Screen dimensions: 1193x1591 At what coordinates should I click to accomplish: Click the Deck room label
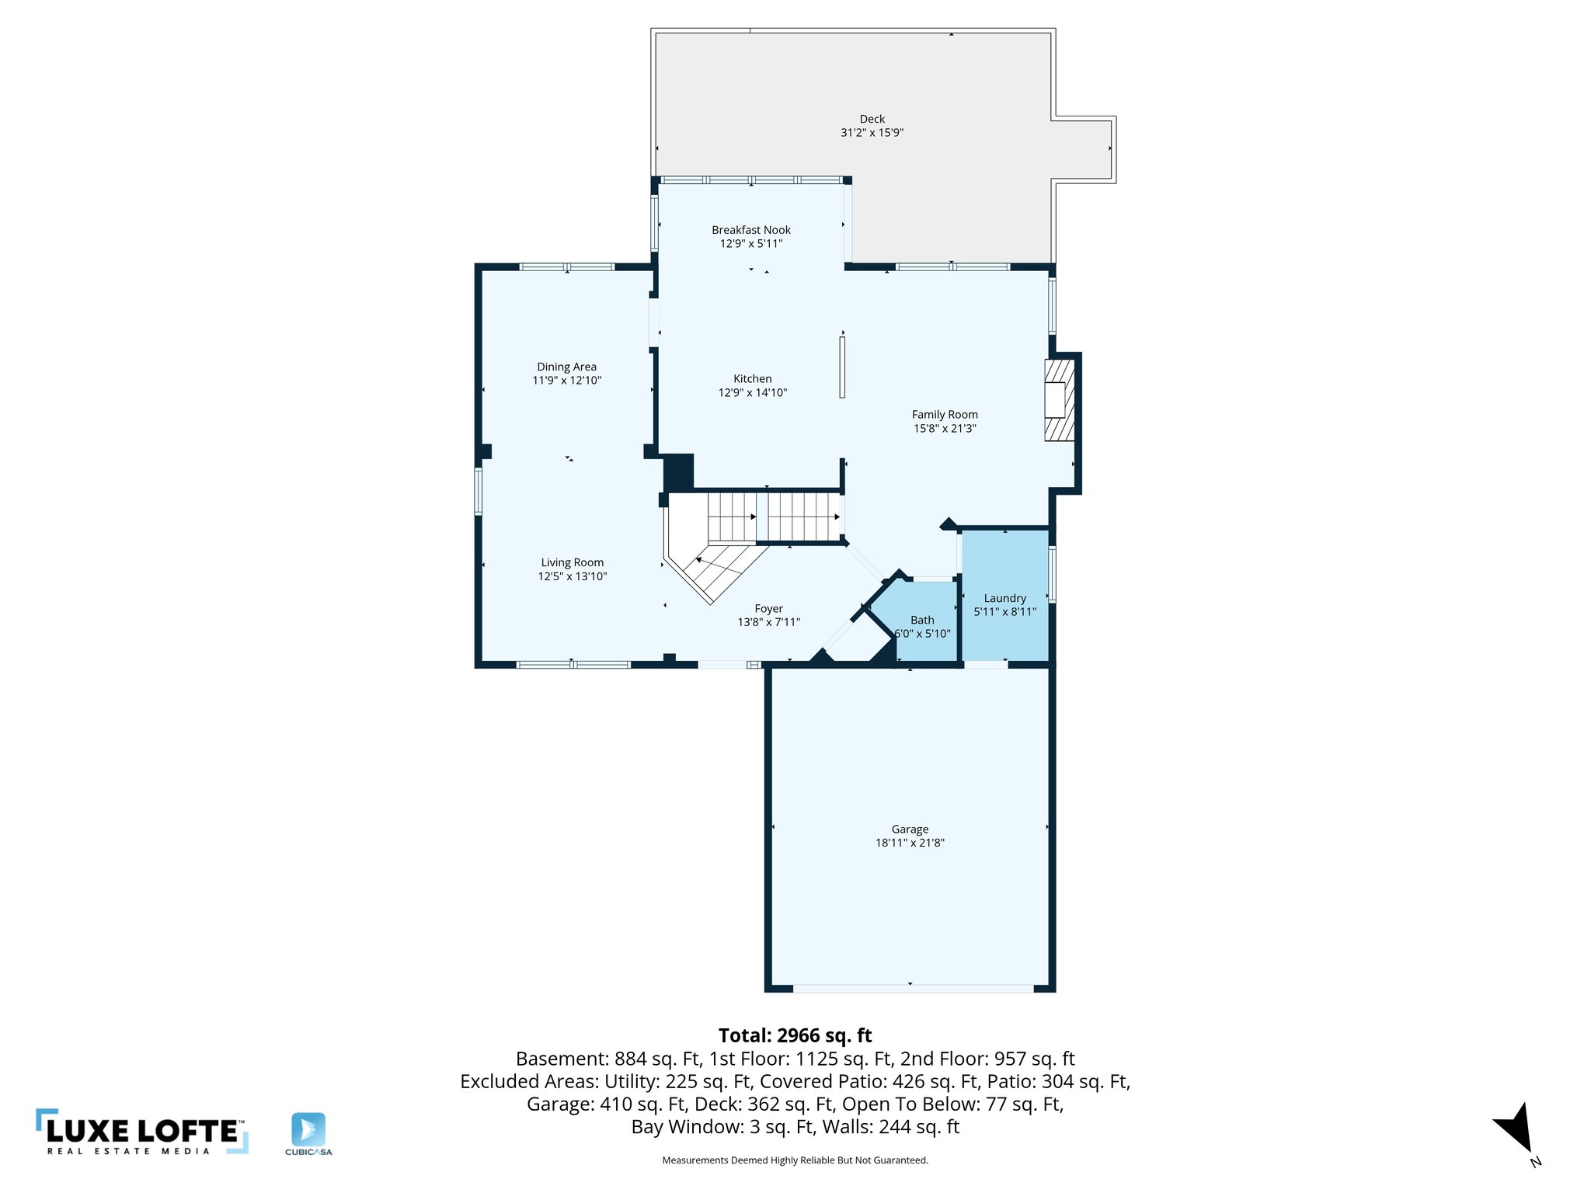point(872,119)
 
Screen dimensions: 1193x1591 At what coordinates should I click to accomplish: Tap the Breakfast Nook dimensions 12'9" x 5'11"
point(750,244)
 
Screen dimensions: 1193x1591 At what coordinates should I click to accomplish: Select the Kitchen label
point(752,379)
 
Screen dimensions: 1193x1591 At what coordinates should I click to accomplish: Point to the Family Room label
point(945,415)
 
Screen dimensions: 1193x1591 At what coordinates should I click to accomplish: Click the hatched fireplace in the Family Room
point(1059,400)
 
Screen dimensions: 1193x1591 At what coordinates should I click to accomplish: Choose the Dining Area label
point(566,367)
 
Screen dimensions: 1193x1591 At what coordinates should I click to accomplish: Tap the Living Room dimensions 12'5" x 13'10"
point(572,576)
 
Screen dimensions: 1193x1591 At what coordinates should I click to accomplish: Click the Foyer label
point(768,609)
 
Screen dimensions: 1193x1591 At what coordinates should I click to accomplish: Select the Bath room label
point(922,620)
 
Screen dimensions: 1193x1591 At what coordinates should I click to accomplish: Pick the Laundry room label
point(1004,598)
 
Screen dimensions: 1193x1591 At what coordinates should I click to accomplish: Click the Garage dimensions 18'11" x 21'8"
point(910,843)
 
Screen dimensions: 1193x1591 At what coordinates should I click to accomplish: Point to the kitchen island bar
point(842,367)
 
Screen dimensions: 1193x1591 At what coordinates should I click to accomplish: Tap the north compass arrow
point(1515,1128)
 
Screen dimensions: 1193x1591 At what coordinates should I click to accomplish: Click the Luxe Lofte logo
point(142,1132)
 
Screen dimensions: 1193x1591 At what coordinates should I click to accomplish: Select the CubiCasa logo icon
point(308,1129)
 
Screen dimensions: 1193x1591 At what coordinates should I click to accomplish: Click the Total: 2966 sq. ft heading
point(795,1035)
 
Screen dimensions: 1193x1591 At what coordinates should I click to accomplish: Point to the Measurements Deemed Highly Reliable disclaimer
point(795,1160)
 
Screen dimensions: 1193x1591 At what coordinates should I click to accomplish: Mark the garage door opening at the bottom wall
point(913,989)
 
